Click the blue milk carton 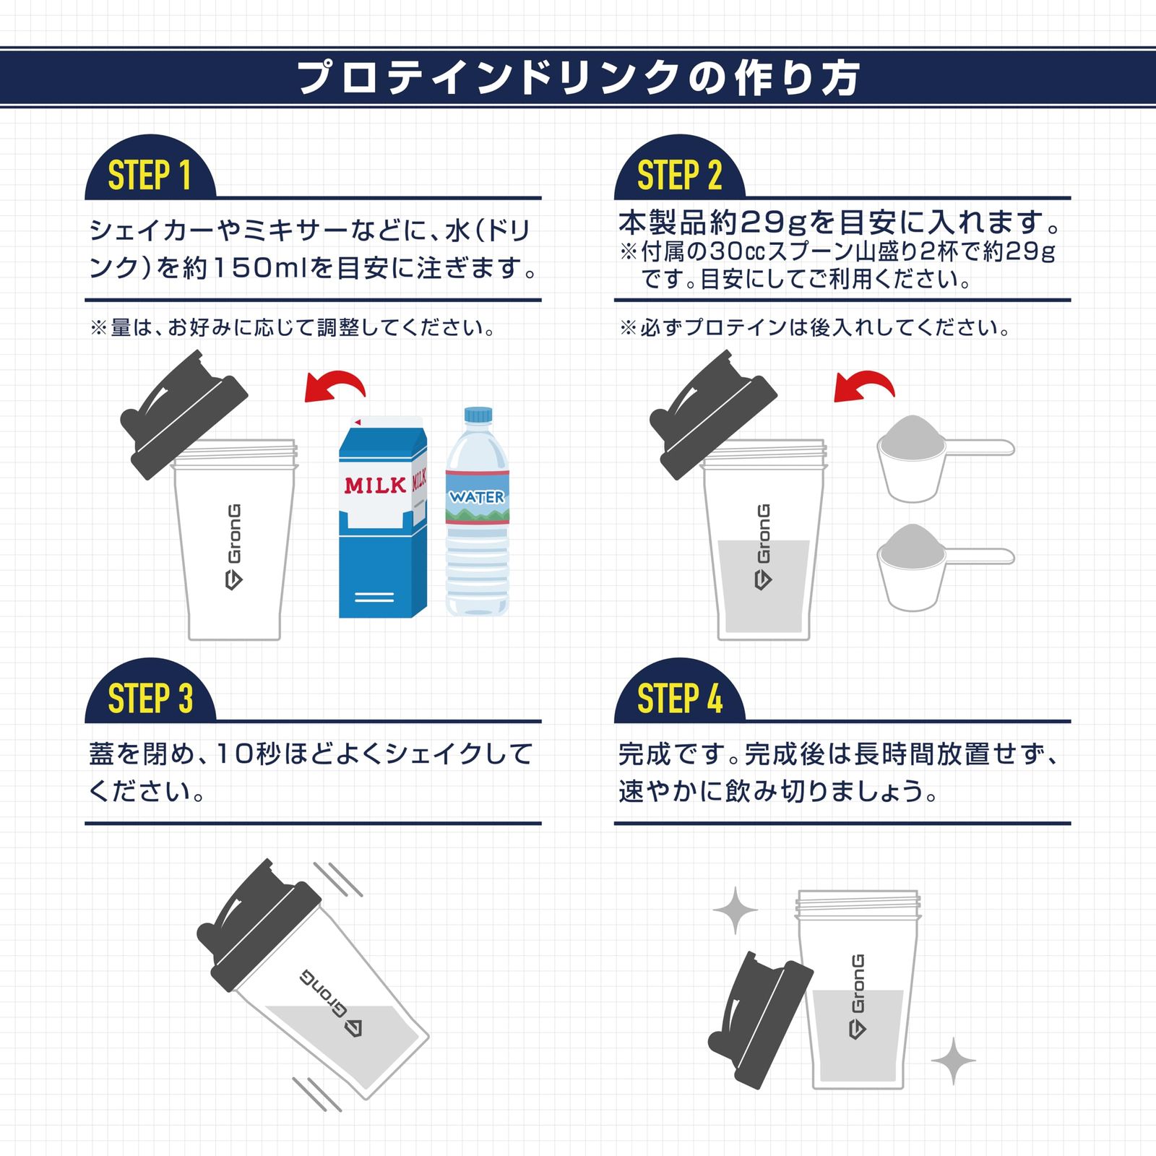pos(383,517)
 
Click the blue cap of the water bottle pos(478,415)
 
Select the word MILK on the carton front pos(375,485)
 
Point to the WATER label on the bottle pos(477,497)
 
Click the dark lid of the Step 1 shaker pos(184,415)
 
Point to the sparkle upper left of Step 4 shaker pos(736,910)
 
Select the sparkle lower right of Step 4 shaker pos(954,1061)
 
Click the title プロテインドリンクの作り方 pos(578,77)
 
